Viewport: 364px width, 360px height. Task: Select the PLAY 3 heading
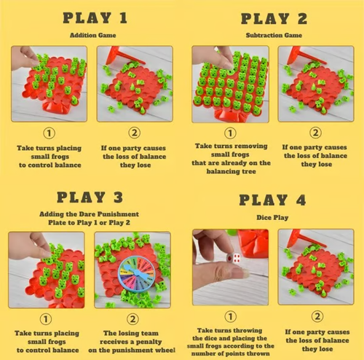point(92,198)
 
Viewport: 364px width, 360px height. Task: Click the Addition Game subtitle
point(92,35)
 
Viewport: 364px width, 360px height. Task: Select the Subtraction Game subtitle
point(274,35)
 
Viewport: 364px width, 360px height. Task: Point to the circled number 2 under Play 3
point(132,318)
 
